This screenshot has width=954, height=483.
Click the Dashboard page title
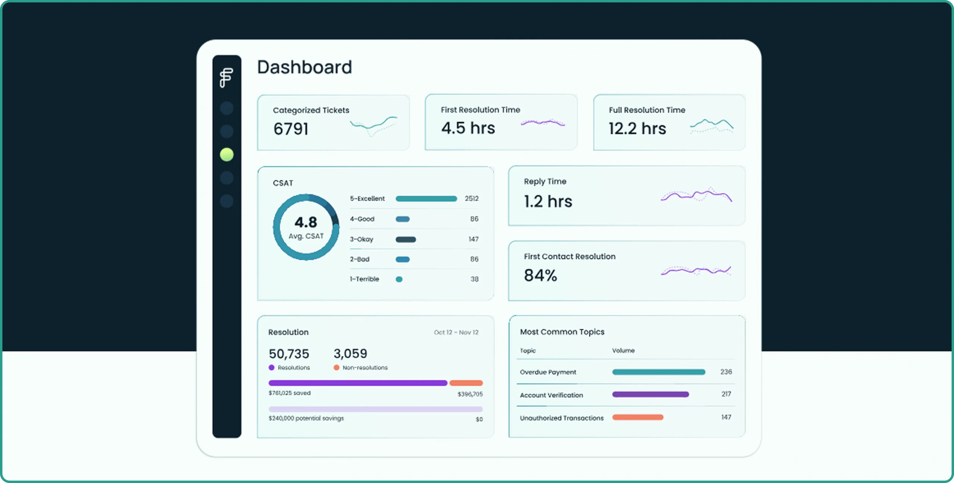304,67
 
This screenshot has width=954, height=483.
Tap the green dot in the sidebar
227,155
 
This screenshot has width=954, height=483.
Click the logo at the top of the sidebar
226,78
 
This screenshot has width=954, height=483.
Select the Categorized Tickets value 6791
291,129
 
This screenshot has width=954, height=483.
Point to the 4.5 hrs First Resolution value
468,128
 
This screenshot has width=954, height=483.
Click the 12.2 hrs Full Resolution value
637,129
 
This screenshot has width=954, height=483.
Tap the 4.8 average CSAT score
306,222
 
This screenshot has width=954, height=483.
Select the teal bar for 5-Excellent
426,199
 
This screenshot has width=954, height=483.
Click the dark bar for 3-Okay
406,239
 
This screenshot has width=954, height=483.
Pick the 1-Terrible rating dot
399,279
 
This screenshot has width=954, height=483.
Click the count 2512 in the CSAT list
471,199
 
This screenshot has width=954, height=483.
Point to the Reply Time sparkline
696,195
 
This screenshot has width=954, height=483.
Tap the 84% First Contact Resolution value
540,275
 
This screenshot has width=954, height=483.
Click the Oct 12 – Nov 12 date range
456,332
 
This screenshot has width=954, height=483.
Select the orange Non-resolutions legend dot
337,367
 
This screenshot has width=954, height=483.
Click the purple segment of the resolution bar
358,383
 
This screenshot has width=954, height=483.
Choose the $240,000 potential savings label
306,418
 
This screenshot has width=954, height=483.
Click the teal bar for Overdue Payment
659,372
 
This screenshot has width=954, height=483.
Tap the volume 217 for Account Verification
726,394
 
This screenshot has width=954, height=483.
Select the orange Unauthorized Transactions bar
638,417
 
